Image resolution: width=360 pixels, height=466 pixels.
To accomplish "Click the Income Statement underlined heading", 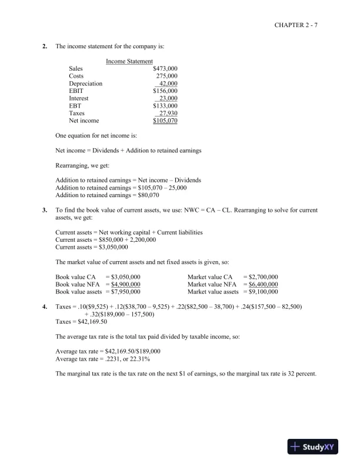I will (129, 61).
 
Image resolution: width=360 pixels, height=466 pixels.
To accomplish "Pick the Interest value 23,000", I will (168, 99).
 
